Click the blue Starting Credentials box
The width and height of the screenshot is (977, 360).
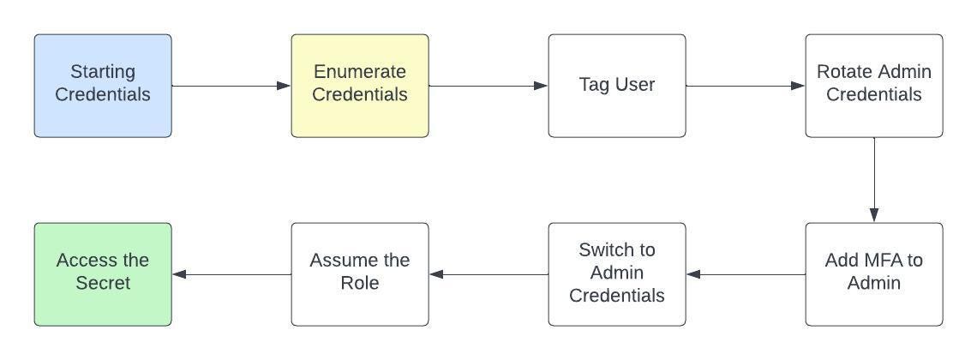(x=103, y=86)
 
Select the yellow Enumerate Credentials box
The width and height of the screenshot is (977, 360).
(x=360, y=86)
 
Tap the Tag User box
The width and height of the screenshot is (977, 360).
(x=617, y=86)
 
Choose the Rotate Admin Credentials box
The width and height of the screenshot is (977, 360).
(x=874, y=86)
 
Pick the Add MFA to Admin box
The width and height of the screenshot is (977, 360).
(x=874, y=274)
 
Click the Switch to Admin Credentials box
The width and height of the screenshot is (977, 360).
(x=617, y=274)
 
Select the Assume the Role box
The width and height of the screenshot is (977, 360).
(x=360, y=274)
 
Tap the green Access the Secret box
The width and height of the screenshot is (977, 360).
(x=103, y=274)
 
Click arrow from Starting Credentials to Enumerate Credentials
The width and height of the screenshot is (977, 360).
(x=231, y=86)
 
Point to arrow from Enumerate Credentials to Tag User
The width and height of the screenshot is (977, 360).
(x=488, y=86)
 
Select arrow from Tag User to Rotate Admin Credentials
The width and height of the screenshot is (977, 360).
(x=746, y=86)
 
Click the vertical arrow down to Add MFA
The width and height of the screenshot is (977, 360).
(x=874, y=180)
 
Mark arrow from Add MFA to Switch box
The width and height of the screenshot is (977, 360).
(x=746, y=274)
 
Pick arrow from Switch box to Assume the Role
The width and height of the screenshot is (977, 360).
(x=488, y=274)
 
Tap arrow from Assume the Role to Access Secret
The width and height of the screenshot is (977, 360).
(x=231, y=274)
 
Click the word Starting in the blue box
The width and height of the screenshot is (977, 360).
(x=103, y=72)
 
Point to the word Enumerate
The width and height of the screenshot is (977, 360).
(x=360, y=72)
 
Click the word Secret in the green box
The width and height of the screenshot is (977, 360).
(x=103, y=283)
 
